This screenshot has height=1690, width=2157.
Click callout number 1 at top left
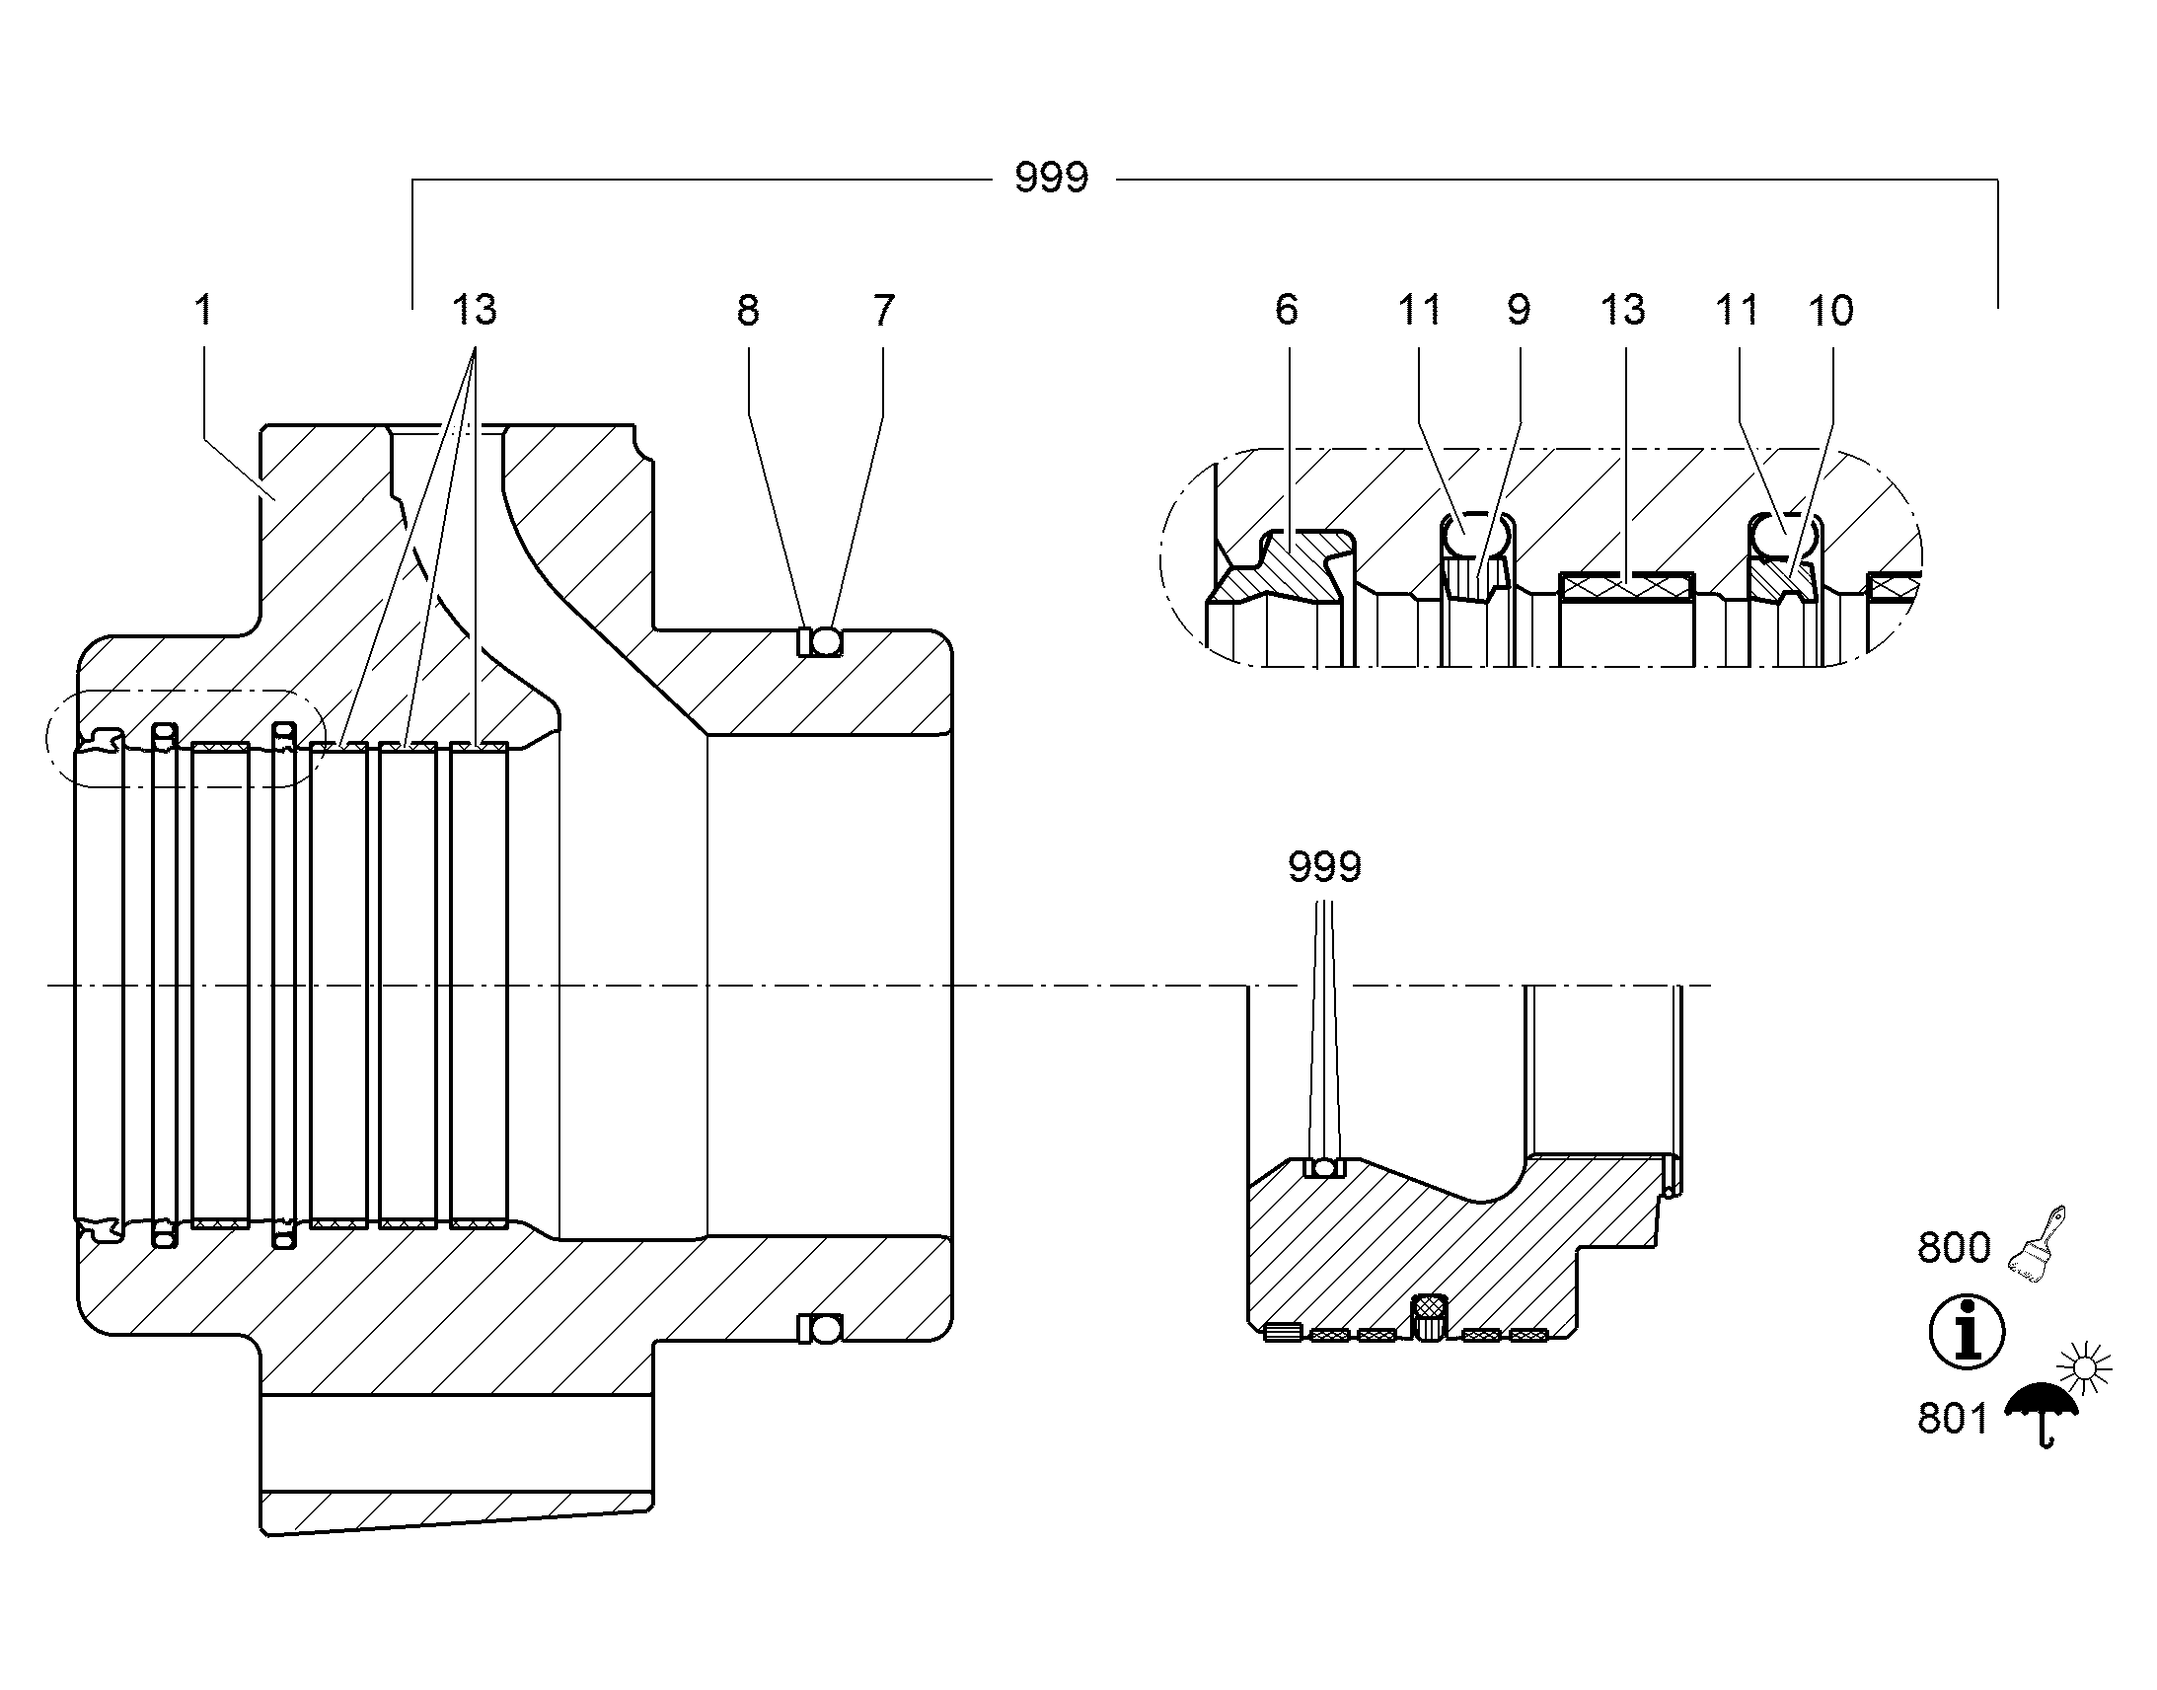pyautogui.click(x=204, y=310)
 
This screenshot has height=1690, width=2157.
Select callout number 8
pyautogui.click(x=748, y=310)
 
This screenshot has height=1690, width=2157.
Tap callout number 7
pyautogui.click(x=883, y=310)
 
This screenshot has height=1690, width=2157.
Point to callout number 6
pyautogui.click(x=1287, y=310)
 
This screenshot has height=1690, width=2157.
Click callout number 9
pyautogui.click(x=1519, y=310)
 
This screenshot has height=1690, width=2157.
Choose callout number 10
pyautogui.click(x=1830, y=310)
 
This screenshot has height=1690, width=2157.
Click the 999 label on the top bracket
pyautogui.click(x=1051, y=179)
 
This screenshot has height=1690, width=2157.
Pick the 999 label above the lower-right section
pyautogui.click(x=1324, y=867)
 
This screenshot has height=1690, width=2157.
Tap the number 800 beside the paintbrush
pyautogui.click(x=1953, y=1248)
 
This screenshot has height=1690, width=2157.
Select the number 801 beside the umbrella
pyautogui.click(x=1952, y=1419)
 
